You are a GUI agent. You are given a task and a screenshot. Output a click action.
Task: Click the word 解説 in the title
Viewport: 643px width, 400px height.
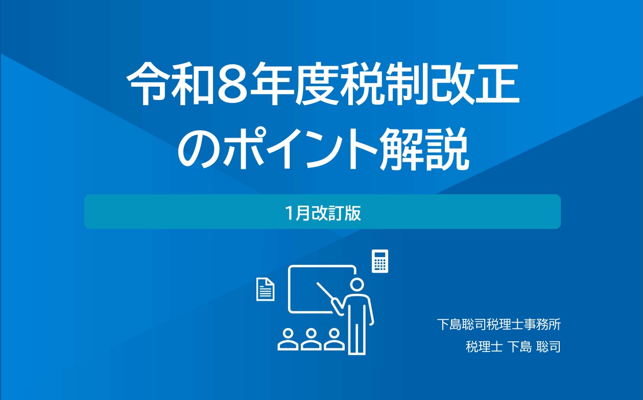pos(424,150)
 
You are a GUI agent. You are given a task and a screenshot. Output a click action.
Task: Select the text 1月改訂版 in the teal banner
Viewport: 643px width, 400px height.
pos(323,213)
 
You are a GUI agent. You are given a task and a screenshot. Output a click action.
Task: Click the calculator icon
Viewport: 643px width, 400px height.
pos(380,261)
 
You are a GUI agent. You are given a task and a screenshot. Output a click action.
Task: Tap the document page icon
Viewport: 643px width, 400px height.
pos(265,289)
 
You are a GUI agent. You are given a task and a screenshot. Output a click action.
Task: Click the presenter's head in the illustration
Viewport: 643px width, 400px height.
pos(357,285)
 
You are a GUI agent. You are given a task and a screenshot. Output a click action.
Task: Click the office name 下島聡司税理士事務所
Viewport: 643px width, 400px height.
pos(499,324)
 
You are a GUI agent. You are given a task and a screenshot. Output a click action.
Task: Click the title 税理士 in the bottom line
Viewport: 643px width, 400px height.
pos(484,346)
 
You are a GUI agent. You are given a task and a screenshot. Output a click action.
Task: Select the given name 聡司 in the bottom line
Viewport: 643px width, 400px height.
pos(548,346)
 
